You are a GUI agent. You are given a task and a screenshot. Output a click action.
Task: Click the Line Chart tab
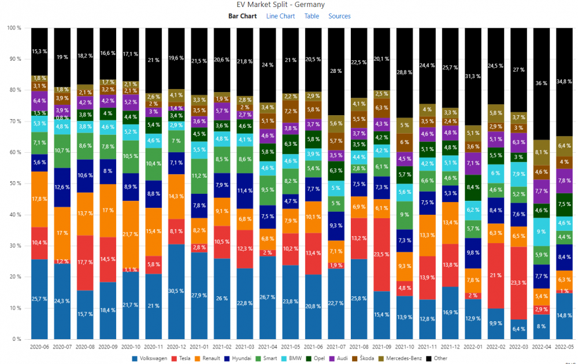pyautogui.click(x=280, y=16)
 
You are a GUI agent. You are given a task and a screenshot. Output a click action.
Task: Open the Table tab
pyautogui.click(x=312, y=16)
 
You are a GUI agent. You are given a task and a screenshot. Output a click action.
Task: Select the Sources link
pyautogui.click(x=339, y=16)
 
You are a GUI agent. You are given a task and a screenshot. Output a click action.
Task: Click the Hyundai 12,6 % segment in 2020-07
pyautogui.click(x=62, y=187)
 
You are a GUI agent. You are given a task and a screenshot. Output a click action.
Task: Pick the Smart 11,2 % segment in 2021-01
pyautogui.click(x=199, y=176)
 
